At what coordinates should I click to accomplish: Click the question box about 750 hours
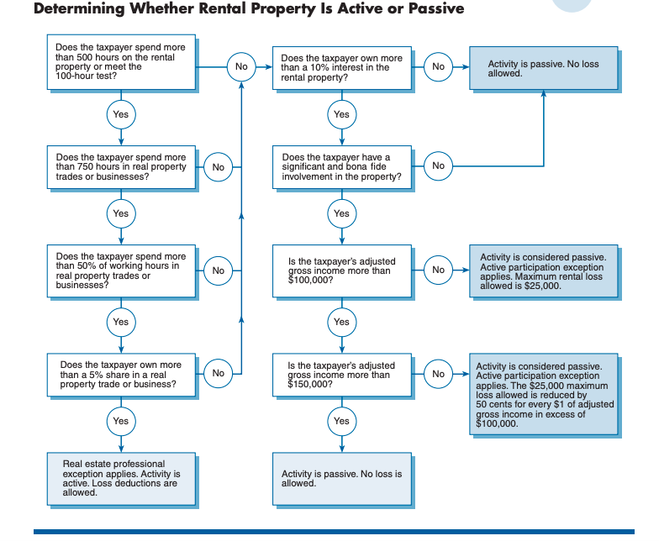tap(121, 166)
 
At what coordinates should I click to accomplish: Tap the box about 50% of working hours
tap(121, 270)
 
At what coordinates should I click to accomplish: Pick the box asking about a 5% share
tap(121, 374)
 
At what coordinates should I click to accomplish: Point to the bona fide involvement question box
tap(341, 166)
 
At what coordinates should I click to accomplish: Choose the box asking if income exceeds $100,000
tap(341, 270)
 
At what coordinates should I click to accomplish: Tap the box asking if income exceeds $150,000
tap(341, 374)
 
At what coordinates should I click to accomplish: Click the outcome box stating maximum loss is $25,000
tap(544, 270)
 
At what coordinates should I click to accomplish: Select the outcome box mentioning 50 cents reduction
tap(544, 395)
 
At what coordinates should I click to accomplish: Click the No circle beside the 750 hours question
tap(219, 167)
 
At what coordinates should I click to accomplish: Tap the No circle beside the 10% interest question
tap(438, 66)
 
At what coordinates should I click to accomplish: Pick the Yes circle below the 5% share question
tap(121, 421)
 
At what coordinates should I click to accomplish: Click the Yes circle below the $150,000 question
tap(341, 421)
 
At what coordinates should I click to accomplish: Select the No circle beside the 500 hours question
tap(241, 66)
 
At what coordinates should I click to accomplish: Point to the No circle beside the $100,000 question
tap(438, 270)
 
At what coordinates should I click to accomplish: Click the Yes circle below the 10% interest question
tap(341, 114)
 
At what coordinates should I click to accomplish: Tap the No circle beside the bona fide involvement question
tap(438, 166)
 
